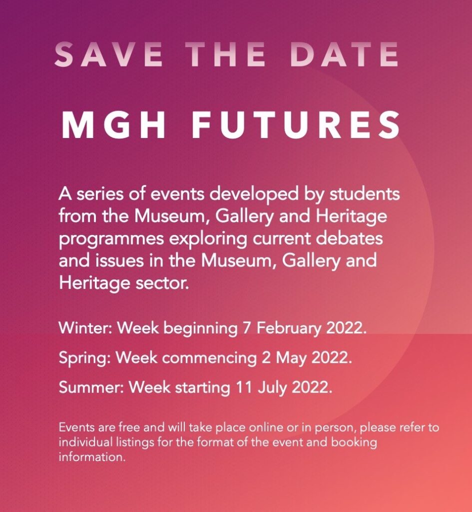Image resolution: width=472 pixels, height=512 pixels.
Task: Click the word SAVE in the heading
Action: pos(108,54)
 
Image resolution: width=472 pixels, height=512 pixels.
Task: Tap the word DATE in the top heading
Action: pos(344,54)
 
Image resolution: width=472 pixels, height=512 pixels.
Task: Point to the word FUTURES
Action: pos(296,125)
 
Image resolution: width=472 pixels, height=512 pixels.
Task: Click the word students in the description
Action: pos(365,193)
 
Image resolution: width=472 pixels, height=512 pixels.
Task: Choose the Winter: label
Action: pos(86,327)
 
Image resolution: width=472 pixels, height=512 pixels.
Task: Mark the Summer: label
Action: pos(91,387)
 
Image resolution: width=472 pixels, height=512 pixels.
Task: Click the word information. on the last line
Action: pos(92,456)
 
